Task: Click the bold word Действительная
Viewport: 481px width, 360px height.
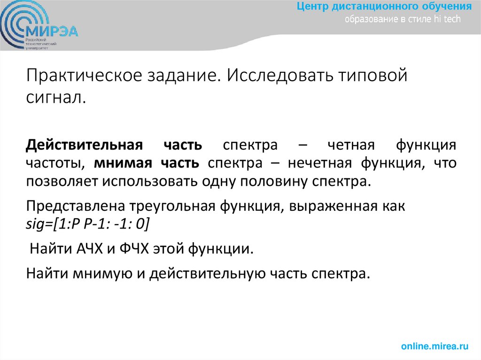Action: (x=84, y=145)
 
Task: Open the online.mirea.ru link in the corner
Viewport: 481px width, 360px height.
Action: (x=434, y=346)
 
